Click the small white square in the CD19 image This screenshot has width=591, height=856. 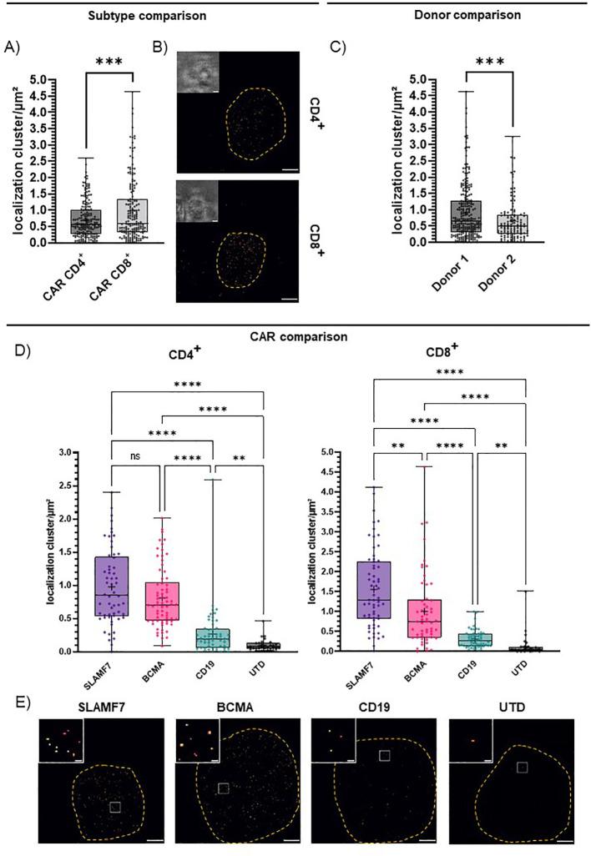coord(383,756)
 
